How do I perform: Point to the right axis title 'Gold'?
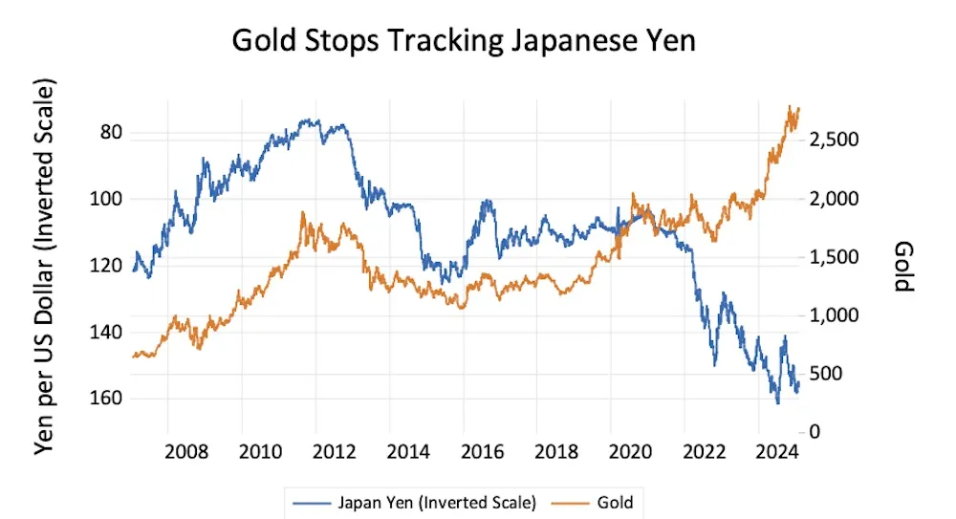tap(903, 266)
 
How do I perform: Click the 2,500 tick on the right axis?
tap(836, 141)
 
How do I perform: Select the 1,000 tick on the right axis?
tap(836, 315)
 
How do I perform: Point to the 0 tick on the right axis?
tap(815, 432)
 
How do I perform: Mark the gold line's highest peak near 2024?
tap(791, 106)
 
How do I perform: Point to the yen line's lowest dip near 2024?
tap(777, 403)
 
